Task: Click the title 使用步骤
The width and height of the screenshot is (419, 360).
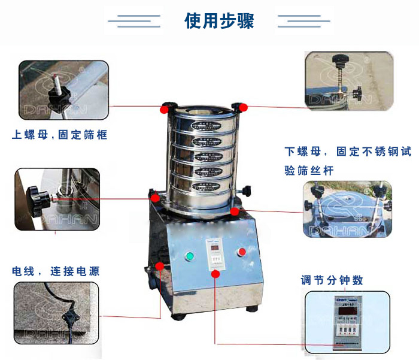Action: (219, 21)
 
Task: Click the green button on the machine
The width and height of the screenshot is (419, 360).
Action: (190, 256)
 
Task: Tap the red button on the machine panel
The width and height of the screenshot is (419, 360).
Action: (242, 252)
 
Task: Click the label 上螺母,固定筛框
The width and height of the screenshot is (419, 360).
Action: (60, 135)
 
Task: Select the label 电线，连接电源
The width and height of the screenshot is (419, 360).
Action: (56, 271)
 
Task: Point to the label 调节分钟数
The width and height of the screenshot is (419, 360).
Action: (332, 280)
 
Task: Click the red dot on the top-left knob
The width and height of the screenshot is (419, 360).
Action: (164, 109)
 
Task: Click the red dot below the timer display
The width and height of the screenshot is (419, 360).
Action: (216, 274)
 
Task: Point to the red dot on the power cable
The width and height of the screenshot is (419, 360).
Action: (160, 266)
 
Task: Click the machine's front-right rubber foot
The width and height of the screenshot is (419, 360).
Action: (252, 310)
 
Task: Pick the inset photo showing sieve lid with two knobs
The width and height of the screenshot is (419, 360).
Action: (347, 209)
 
